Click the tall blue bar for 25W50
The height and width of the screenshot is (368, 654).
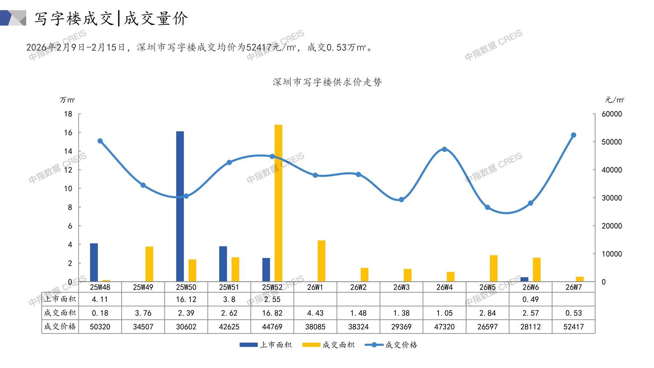180,206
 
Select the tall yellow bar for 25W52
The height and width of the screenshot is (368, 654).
278,203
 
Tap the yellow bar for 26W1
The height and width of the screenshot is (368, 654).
321,261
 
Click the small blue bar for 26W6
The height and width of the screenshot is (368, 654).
524,279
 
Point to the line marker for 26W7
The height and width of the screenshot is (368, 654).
574,135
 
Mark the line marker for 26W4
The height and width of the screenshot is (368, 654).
444,149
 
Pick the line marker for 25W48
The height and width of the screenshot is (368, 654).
100,141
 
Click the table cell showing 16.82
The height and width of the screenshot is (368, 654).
272,313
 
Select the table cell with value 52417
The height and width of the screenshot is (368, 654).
574,327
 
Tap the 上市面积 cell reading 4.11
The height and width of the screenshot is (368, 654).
100,300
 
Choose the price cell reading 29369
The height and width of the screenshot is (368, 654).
401,327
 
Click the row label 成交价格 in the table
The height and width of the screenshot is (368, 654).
60,326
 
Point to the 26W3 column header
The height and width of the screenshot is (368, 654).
401,287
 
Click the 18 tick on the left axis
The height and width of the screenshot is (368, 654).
68,114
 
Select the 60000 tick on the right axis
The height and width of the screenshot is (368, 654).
612,114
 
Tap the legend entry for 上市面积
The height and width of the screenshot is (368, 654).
266,345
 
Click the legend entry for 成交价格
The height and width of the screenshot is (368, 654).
391,345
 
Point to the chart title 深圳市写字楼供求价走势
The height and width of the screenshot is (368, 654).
327,82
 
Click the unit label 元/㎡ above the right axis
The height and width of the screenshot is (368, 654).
615,100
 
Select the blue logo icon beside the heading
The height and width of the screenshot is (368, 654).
13,18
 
